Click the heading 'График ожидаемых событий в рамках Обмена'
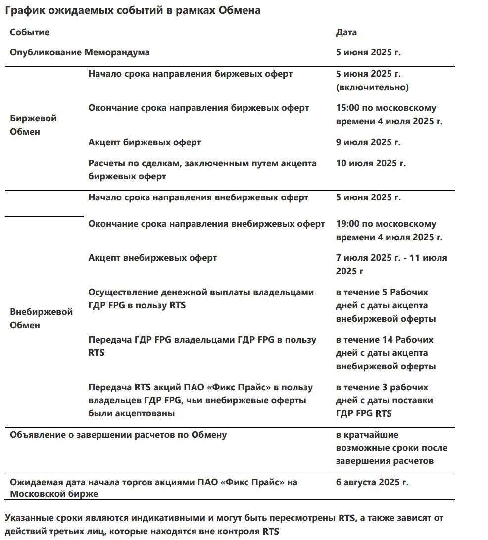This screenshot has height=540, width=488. pyautogui.click(x=132, y=10)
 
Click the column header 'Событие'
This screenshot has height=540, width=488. pyautogui.click(x=30, y=32)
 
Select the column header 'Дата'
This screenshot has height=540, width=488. pyautogui.click(x=346, y=32)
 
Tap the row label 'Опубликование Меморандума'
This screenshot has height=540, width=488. pyautogui.click(x=80, y=52)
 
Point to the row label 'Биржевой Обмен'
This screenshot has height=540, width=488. pyautogui.click(x=33, y=125)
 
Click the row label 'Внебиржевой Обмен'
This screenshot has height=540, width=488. pyautogui.click(x=41, y=318)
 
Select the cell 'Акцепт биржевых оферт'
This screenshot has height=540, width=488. pyautogui.click(x=145, y=142)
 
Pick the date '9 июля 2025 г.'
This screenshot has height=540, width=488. pyautogui.click(x=368, y=142)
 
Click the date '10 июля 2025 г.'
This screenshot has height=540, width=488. pyautogui.click(x=371, y=163)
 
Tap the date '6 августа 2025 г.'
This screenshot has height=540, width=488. pyautogui.click(x=372, y=482)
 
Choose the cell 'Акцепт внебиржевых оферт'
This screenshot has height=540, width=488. pyautogui.click(x=152, y=258)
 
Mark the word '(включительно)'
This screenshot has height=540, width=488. pyautogui.click(x=372, y=87)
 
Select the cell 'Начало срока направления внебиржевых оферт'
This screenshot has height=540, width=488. pyautogui.click(x=198, y=197)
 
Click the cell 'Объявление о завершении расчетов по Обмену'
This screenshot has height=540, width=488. pyautogui.click(x=118, y=435)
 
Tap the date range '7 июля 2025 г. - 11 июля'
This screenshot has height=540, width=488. pyautogui.click(x=391, y=258)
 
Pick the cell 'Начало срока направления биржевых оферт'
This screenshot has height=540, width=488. pyautogui.click(x=190, y=74)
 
